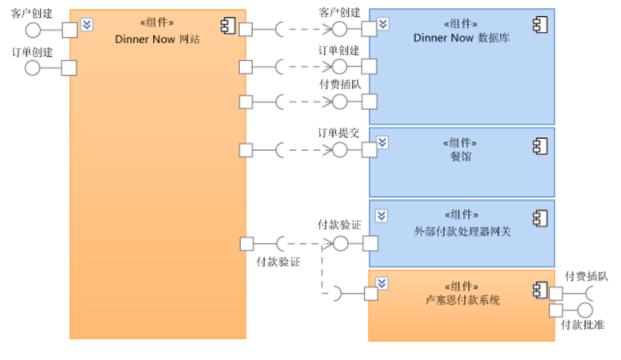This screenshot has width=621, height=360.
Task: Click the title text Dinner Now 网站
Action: click(157, 39)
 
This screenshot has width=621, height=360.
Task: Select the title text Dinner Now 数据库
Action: click(461, 38)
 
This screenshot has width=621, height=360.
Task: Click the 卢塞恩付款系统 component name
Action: click(462, 301)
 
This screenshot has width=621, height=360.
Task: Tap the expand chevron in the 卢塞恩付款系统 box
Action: click(382, 283)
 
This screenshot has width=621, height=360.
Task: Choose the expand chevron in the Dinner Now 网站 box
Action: click(87, 25)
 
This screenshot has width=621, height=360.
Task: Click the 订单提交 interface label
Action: click(339, 133)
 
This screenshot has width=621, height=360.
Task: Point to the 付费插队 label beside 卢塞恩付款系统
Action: click(587, 277)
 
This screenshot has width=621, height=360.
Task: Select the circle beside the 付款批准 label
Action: click(585, 310)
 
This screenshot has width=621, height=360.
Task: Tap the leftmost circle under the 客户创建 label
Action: click(33, 31)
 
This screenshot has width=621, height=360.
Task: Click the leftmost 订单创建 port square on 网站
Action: click(69, 68)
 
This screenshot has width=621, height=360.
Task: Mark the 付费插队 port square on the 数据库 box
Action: click(369, 102)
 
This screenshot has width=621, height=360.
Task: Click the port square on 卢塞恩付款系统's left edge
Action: click(371, 294)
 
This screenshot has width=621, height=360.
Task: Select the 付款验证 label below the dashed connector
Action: click(278, 262)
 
